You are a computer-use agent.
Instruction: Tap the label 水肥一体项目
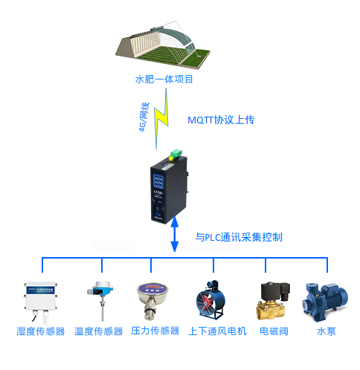(164, 79)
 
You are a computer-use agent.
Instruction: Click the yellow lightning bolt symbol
(161, 118)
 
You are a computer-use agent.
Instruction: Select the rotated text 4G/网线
(144, 117)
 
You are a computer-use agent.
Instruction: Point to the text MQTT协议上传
(221, 120)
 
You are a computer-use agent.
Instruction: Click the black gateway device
(169, 189)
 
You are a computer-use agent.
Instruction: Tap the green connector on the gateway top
(176, 153)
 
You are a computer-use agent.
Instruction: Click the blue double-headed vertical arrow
(175, 234)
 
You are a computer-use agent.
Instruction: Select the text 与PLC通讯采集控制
(239, 237)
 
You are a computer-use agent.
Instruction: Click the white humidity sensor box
(41, 302)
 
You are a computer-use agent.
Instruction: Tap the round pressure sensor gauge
(152, 301)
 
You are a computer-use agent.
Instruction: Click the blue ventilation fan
(210, 300)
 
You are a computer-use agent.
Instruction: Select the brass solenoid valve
(273, 301)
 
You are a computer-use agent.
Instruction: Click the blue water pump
(325, 302)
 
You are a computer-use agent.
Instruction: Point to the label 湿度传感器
(41, 331)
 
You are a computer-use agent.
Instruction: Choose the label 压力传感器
(155, 331)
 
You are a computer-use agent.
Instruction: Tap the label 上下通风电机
(217, 331)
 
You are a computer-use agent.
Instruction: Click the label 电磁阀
(274, 331)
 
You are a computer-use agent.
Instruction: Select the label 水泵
(327, 331)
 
